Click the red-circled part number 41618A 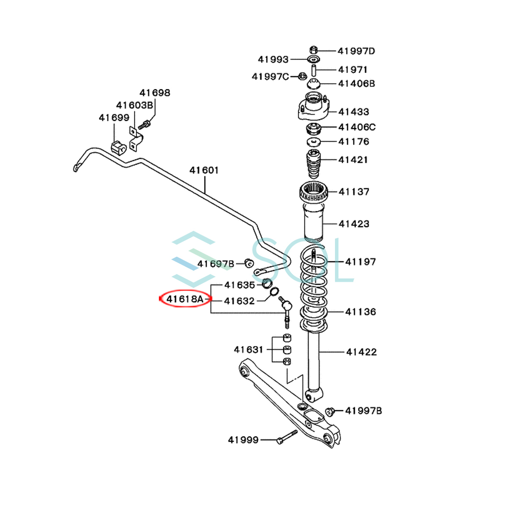pos(185,299)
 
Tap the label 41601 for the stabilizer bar pos(204,170)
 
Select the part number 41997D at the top pos(356,51)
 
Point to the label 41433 pos(354,112)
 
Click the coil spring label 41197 pos(360,262)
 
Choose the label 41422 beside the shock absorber pos(361,352)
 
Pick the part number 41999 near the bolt pos(243,440)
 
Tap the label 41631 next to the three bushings pos(248,349)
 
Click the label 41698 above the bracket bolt pos(155,93)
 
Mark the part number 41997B pos(363,411)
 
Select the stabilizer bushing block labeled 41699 pos(118,147)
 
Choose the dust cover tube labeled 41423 pos(313,224)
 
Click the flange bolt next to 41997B pos(331,411)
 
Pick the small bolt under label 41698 pos(145,125)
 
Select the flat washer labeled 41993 pos(313,59)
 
